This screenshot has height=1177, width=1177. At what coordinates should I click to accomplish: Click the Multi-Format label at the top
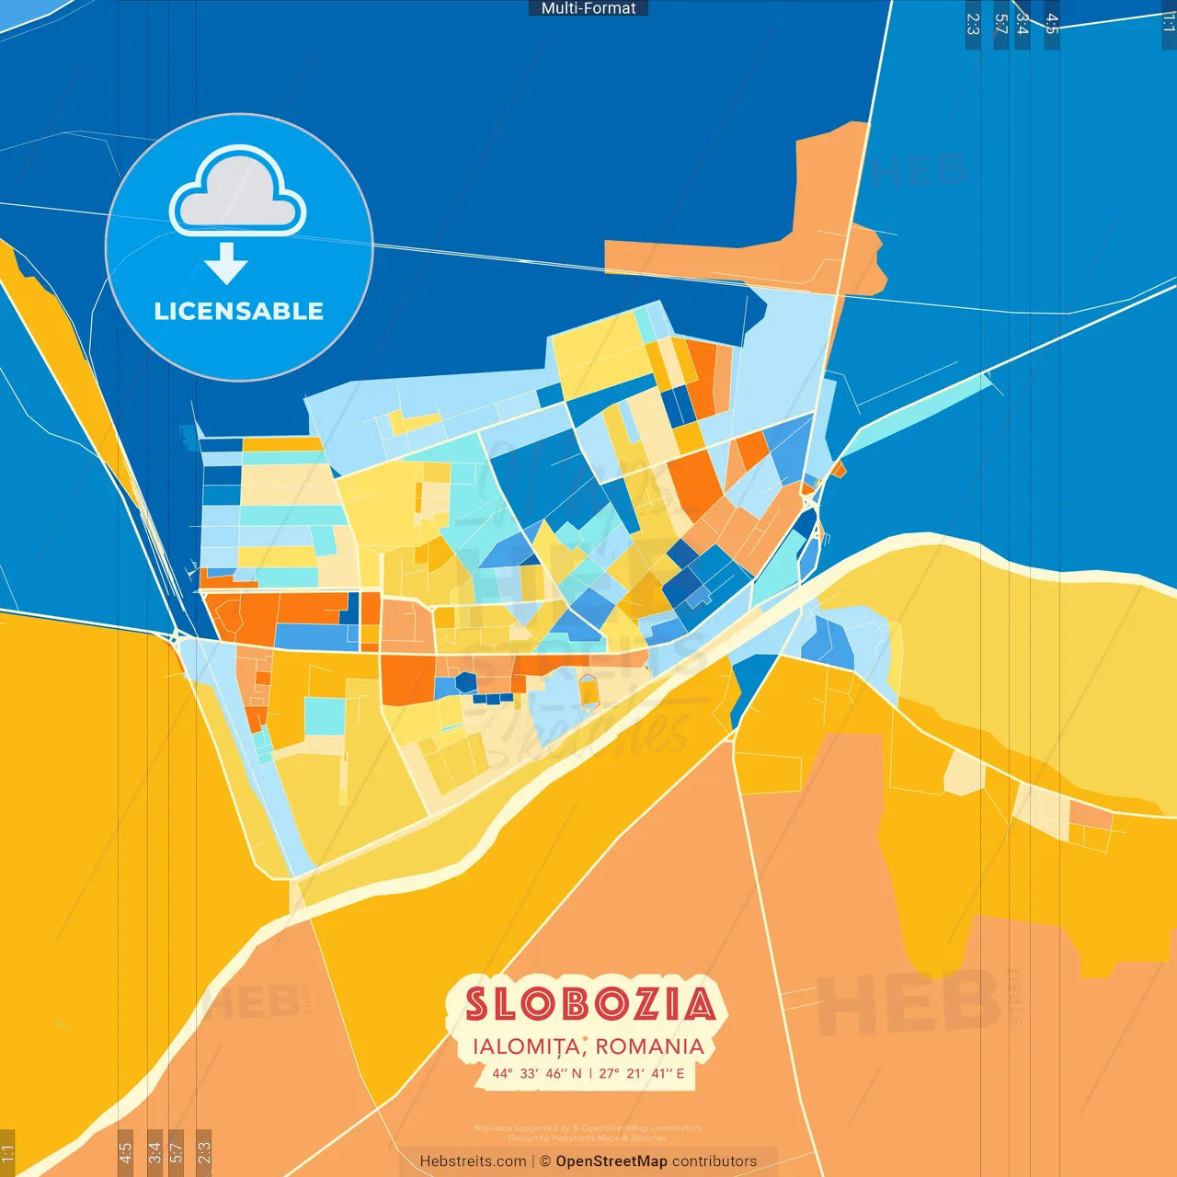click(588, 8)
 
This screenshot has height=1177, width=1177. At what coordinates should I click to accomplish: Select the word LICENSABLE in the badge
click(239, 311)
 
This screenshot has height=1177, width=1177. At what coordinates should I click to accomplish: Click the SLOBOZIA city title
click(589, 1004)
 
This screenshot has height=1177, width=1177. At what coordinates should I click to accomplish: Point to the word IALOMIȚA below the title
click(526, 1046)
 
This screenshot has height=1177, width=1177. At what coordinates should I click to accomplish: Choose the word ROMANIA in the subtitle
click(649, 1046)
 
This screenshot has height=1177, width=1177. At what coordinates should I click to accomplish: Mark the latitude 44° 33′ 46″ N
click(537, 1073)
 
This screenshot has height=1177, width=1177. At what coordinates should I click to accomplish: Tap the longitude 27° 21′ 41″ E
click(642, 1073)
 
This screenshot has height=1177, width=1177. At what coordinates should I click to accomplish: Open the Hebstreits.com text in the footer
click(473, 1161)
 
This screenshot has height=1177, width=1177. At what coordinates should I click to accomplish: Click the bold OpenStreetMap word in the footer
click(611, 1161)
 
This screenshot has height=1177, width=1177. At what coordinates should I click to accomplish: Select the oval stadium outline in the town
click(588, 691)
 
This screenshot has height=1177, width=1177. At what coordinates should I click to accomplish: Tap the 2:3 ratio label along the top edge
click(973, 24)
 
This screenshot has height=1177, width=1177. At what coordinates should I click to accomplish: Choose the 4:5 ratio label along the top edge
click(1052, 24)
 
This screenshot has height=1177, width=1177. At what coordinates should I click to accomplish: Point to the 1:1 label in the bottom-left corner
click(7, 1153)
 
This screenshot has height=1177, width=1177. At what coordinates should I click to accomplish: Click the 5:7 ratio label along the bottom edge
click(176, 1152)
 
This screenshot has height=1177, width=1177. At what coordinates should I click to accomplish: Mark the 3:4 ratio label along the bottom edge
click(154, 1152)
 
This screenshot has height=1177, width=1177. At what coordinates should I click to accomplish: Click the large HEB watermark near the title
click(908, 1003)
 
